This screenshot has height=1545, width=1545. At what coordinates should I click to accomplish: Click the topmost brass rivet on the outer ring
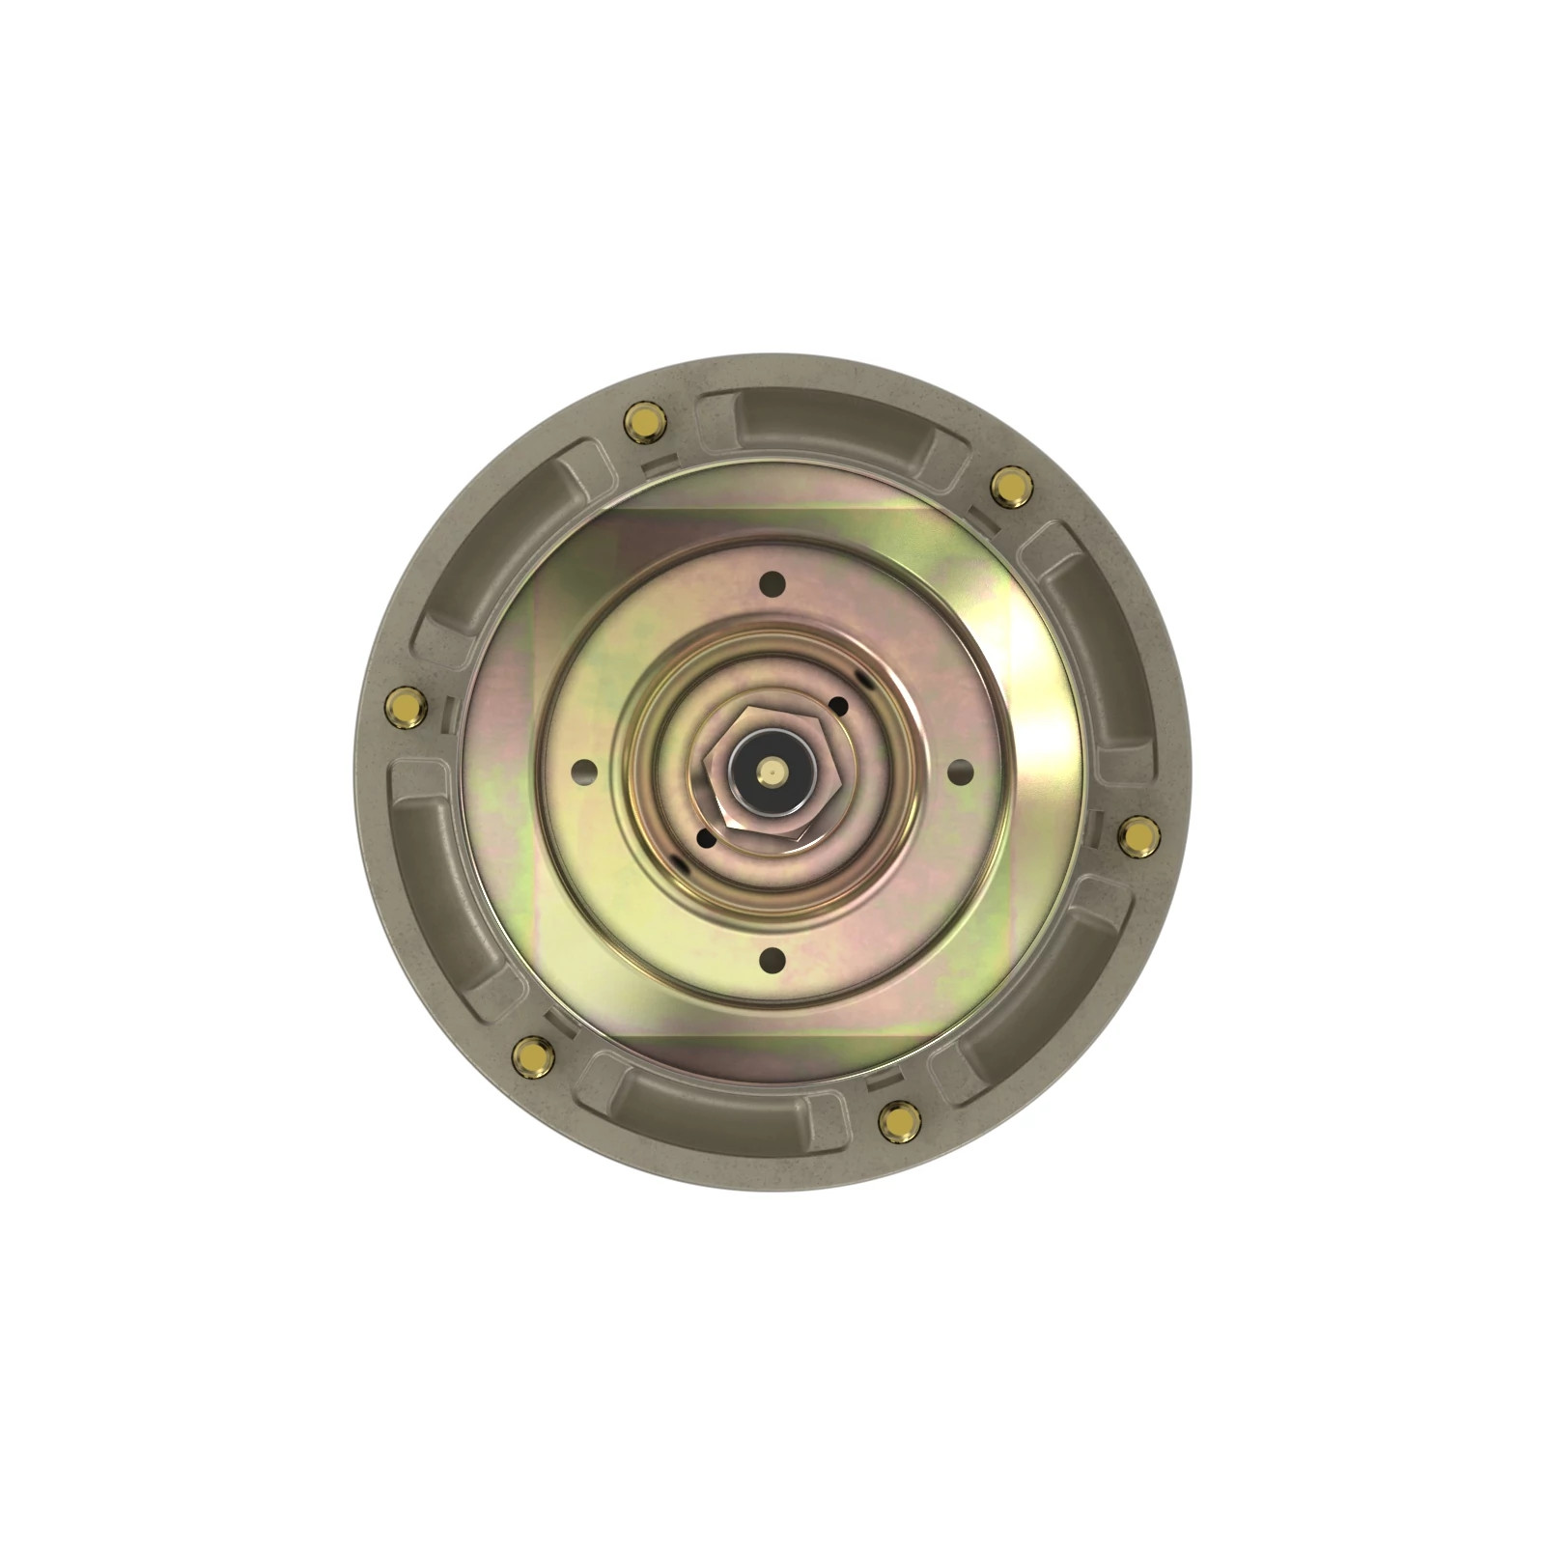643,422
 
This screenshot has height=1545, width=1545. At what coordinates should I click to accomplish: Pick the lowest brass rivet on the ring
900,1121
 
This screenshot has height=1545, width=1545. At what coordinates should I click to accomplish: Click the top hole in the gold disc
772,584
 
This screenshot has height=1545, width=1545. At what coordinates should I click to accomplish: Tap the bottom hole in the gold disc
772,960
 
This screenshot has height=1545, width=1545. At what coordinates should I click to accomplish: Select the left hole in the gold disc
584,772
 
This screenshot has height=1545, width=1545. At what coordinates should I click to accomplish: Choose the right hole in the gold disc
960,772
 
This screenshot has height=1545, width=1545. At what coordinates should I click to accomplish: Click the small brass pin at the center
772,771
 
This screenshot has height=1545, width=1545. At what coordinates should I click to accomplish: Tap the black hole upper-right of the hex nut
838,706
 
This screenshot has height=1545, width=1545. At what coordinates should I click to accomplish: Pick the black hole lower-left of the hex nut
706,838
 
